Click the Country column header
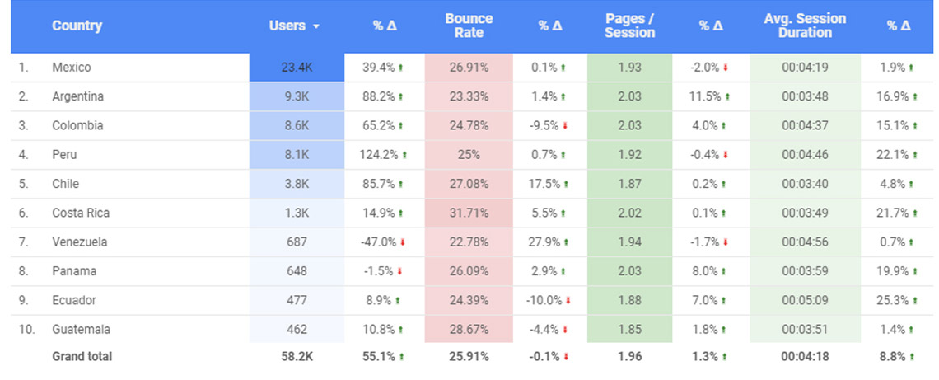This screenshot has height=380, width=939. [x=77, y=26]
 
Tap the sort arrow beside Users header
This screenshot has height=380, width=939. [x=316, y=26]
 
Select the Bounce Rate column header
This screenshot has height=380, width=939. [x=469, y=26]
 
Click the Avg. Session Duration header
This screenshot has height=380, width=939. [x=804, y=26]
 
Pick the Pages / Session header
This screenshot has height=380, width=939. [x=629, y=26]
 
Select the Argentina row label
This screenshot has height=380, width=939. [x=77, y=96]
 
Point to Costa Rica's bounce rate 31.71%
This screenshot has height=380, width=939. [x=469, y=213]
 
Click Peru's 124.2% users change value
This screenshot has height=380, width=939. [x=380, y=155]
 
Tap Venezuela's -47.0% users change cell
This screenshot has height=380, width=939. [x=381, y=242]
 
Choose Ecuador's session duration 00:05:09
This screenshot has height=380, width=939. [x=804, y=300]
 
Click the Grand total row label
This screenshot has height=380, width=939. [x=82, y=357]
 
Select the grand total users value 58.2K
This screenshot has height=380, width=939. [x=296, y=357]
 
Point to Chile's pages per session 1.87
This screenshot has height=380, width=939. [x=629, y=184]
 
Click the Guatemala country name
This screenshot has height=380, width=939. [x=81, y=330]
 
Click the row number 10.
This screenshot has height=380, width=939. [x=26, y=330]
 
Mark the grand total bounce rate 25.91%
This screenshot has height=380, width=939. [x=469, y=357]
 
